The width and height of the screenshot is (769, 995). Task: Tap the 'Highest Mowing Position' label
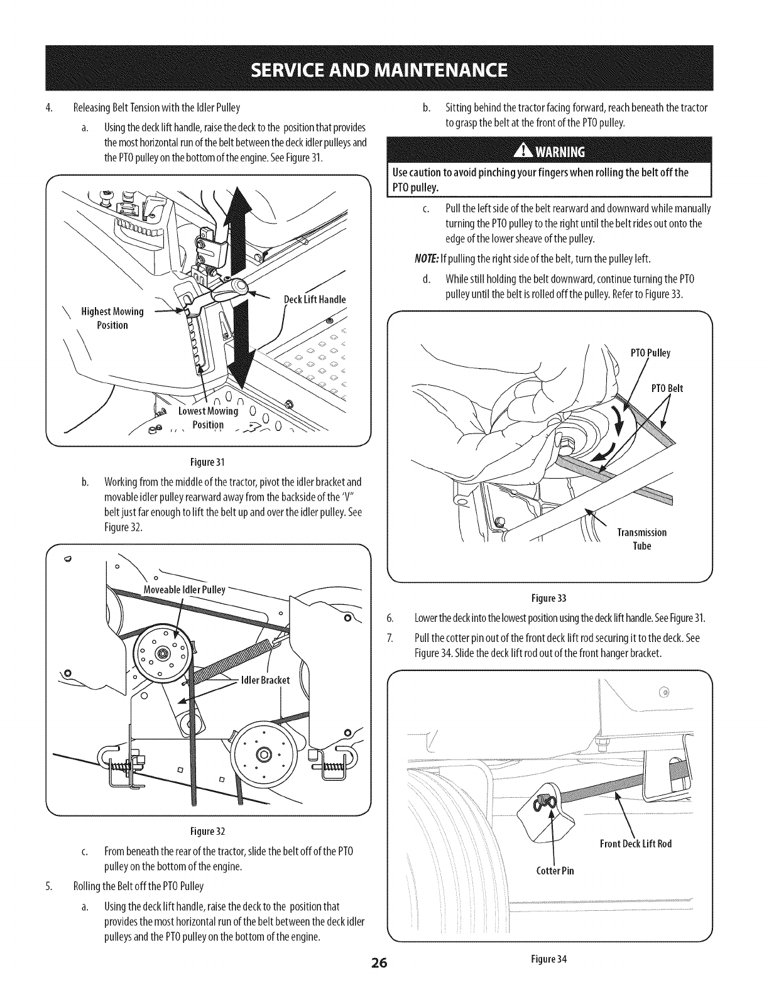[x=112, y=318]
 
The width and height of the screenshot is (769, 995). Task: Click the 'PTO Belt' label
[x=667, y=388]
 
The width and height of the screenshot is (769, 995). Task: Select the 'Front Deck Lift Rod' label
[x=636, y=843]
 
